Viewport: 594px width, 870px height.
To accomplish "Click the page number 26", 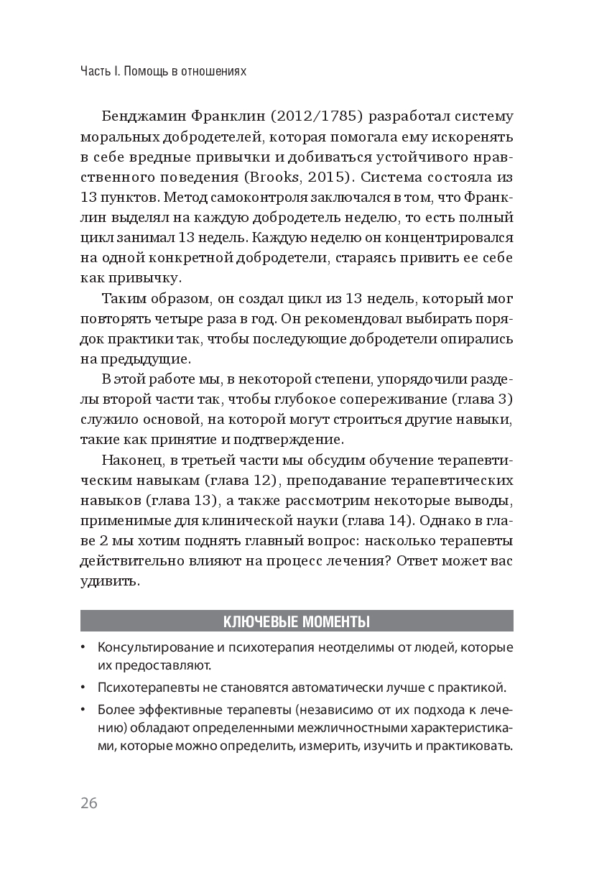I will coord(89,802).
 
